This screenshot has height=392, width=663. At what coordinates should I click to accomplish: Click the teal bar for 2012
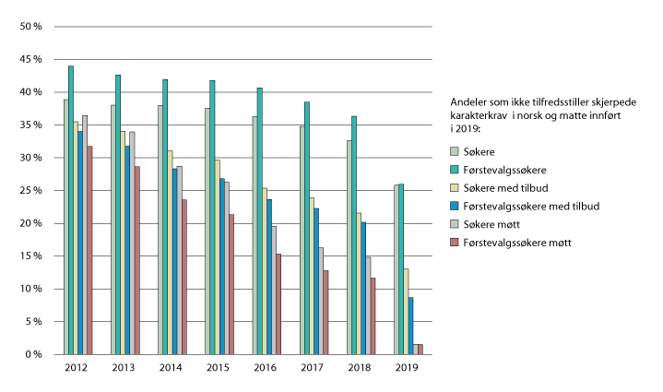click(71, 209)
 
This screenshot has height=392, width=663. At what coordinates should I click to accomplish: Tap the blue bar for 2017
click(316, 280)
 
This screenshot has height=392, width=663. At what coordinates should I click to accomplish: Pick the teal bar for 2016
click(260, 220)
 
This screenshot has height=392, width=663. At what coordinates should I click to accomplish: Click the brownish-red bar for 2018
click(373, 315)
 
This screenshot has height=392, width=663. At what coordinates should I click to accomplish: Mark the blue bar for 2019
click(411, 325)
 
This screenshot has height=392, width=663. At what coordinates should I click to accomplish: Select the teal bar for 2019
click(401, 268)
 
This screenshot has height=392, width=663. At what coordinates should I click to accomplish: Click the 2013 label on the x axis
click(124, 367)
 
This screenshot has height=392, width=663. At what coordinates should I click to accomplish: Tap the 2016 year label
click(266, 367)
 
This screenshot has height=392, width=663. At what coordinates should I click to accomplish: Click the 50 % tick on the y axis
click(31, 27)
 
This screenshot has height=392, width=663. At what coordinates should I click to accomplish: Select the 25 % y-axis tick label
click(31, 191)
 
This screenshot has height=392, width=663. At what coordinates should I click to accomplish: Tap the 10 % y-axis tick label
click(31, 289)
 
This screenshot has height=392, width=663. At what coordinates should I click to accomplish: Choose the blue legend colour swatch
click(456, 206)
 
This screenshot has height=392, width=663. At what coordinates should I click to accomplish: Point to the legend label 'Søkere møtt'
click(490, 224)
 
